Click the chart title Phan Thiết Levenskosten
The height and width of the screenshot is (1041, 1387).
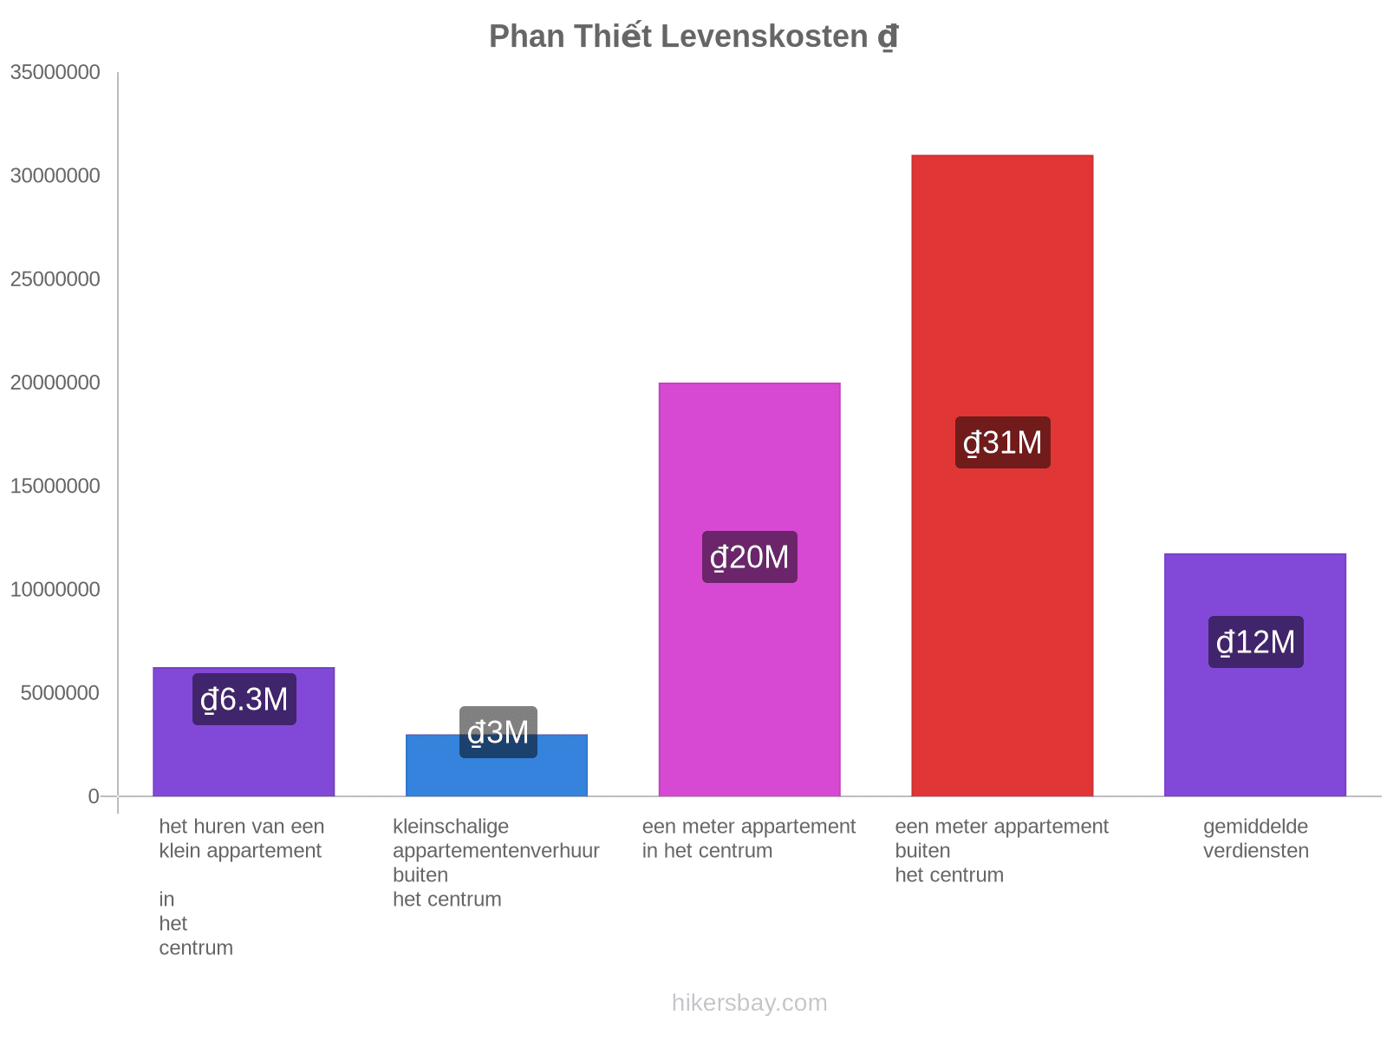[x=693, y=36]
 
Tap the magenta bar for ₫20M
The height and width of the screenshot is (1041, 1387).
[x=749, y=659]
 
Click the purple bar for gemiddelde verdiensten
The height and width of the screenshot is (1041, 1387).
[x=1254, y=729]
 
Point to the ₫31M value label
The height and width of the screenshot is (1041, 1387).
[x=1002, y=442]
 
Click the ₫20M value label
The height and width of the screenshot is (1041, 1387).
[x=749, y=557]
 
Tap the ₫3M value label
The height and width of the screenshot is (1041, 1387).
[x=498, y=732]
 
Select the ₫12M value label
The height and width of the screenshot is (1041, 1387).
[x=1255, y=642]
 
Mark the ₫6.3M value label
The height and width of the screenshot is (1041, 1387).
[x=244, y=699]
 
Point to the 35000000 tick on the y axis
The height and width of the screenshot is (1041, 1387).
[x=55, y=72]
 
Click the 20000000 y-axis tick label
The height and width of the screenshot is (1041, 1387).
[x=55, y=383]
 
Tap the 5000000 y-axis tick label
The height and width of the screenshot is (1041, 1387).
[x=60, y=693]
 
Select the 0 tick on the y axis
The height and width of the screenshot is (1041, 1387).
[x=94, y=796]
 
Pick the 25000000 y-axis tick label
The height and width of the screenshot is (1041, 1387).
[x=55, y=279]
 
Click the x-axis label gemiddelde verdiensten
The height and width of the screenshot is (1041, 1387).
[x=1255, y=839]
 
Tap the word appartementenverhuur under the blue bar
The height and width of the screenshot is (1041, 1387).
[x=496, y=851]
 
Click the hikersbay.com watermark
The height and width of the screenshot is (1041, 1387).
[x=749, y=1003]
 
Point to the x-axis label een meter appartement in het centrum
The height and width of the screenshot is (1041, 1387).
[x=748, y=839]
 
